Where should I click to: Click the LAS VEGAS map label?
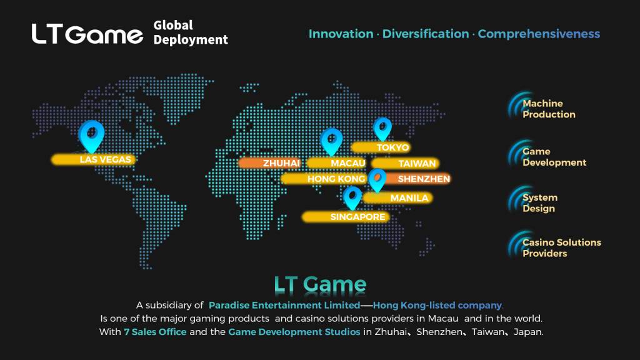93,159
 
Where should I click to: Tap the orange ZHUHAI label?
269,163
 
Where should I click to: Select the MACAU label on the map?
336,163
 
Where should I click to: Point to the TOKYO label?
381,147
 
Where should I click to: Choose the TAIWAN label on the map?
405,164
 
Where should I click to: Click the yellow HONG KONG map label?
323,179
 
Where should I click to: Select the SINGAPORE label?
345,217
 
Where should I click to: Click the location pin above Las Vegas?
91,136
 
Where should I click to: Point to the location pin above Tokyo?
382,129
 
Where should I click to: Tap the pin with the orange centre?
377,180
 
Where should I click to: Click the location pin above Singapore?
352,198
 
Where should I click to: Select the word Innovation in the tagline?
341,34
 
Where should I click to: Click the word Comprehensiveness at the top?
539,34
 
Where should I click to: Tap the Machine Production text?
549,109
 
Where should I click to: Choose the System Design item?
539,203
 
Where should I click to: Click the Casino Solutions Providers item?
562,247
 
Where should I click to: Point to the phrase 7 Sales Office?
155,332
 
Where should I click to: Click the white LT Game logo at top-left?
87,34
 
